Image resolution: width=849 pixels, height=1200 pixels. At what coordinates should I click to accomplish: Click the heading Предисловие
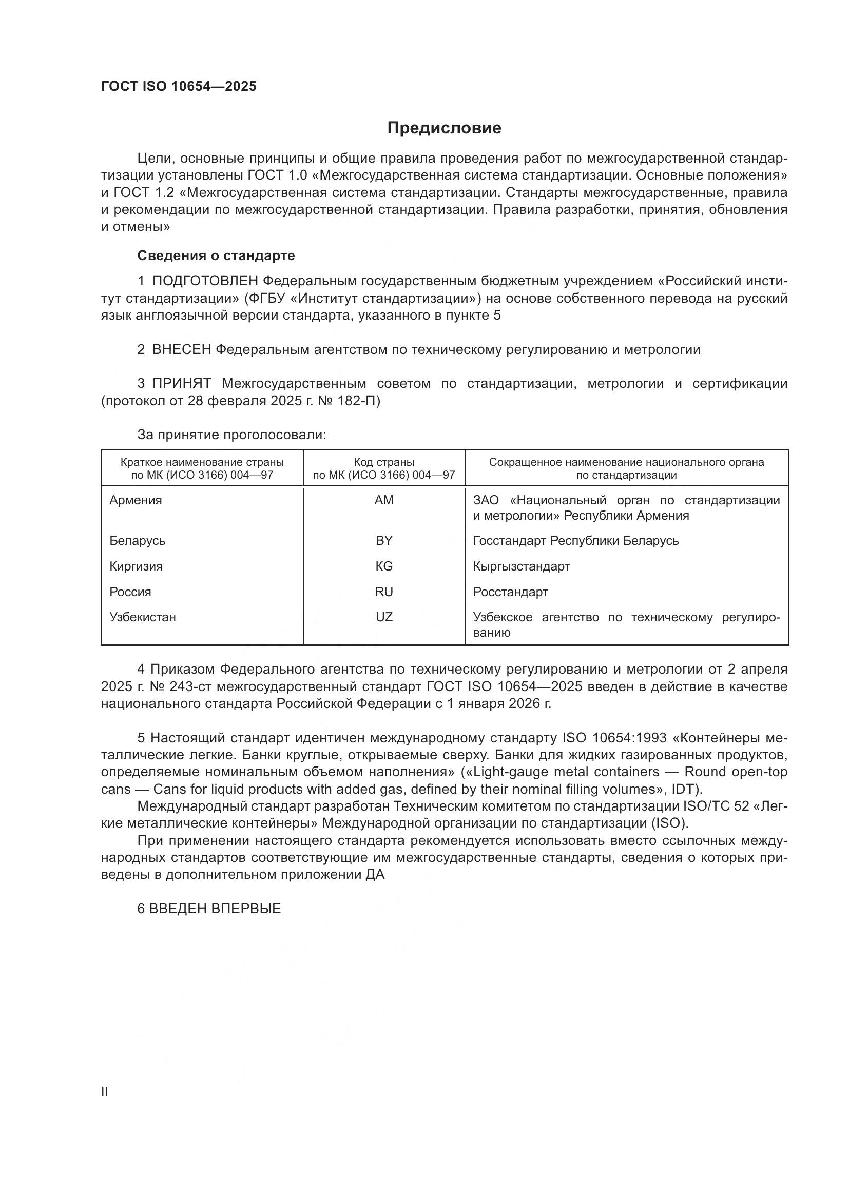(x=444, y=128)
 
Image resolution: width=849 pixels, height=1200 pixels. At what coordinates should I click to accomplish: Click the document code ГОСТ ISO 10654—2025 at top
(x=179, y=87)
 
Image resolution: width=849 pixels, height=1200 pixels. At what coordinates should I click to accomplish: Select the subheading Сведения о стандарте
(x=216, y=255)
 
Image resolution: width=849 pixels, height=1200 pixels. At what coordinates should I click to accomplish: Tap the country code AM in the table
(x=384, y=500)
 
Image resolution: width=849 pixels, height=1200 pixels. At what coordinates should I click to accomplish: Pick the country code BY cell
(x=384, y=540)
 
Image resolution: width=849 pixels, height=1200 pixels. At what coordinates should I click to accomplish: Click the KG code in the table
(x=384, y=566)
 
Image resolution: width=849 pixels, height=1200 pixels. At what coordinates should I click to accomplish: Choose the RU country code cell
(x=384, y=592)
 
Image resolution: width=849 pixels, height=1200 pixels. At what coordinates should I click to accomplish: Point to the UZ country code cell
(x=384, y=617)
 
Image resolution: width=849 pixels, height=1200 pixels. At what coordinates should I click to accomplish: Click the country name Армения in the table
(x=136, y=500)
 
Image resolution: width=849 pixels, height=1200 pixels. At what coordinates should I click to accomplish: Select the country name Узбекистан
(x=142, y=617)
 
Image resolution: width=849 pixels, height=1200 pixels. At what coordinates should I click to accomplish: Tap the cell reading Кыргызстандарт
(x=521, y=566)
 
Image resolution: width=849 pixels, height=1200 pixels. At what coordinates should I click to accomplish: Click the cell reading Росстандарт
(x=510, y=592)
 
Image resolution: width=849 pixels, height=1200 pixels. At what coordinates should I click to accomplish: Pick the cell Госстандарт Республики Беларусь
(x=575, y=540)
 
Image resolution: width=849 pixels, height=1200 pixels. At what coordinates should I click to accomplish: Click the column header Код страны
(x=384, y=462)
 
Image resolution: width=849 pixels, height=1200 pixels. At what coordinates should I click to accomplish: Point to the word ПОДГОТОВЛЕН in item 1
(x=205, y=281)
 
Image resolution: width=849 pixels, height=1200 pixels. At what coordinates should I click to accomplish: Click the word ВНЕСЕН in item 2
(x=181, y=350)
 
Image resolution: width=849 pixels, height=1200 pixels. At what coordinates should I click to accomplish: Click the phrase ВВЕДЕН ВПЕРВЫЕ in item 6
(x=215, y=909)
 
